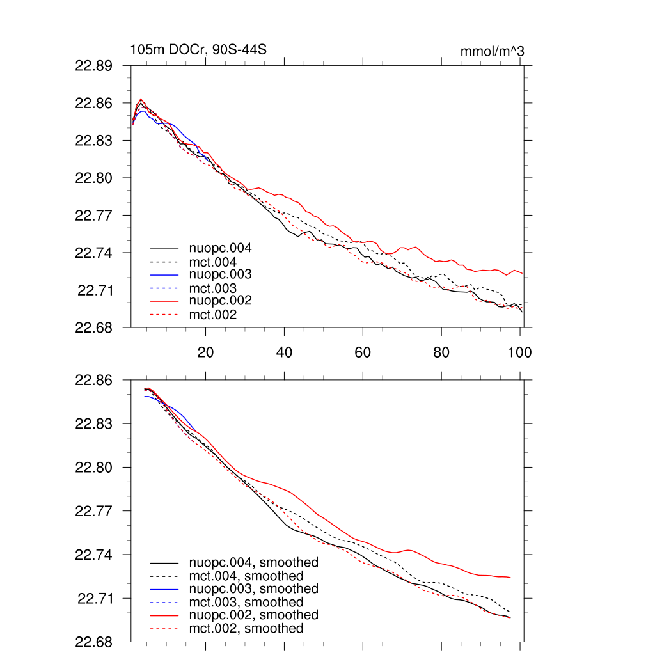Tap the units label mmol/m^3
[492, 51]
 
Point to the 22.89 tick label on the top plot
[94, 65]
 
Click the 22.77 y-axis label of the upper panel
[94, 216]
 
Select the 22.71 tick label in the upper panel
[95, 290]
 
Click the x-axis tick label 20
[205, 352]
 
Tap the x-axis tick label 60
[363, 352]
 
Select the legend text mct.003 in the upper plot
[213, 288]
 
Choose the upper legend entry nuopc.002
[220, 301]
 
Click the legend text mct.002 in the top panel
[213, 315]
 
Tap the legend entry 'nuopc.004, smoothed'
[254, 563]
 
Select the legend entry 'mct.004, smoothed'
[246, 576]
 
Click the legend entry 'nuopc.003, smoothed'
[254, 588]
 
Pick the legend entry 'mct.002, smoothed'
[246, 629]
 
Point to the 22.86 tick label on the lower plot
[94, 380]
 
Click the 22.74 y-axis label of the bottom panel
[94, 555]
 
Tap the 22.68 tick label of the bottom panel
[94, 642]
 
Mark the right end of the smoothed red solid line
[510, 578]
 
